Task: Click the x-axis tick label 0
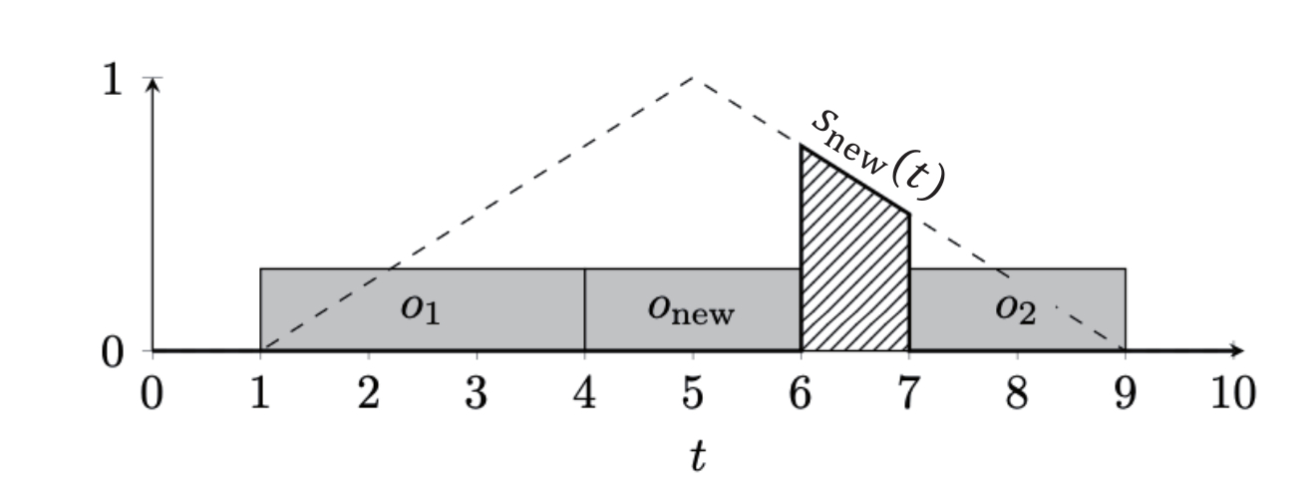153,393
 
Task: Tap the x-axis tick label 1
260,393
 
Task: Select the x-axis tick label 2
368,393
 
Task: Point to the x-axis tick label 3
477,393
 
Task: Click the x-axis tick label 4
584,393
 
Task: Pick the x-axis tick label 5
693,393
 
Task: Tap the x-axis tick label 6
801,393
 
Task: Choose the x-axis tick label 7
909,393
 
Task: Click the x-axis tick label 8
1017,393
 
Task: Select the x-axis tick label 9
1125,393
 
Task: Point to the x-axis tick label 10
1234,393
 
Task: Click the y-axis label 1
113,80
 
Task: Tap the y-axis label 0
113,352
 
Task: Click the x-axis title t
697,456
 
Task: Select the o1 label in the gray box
420,308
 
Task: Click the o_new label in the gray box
691,308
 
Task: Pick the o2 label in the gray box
1016,308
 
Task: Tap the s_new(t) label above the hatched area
878,156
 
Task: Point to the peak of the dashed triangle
693,77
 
